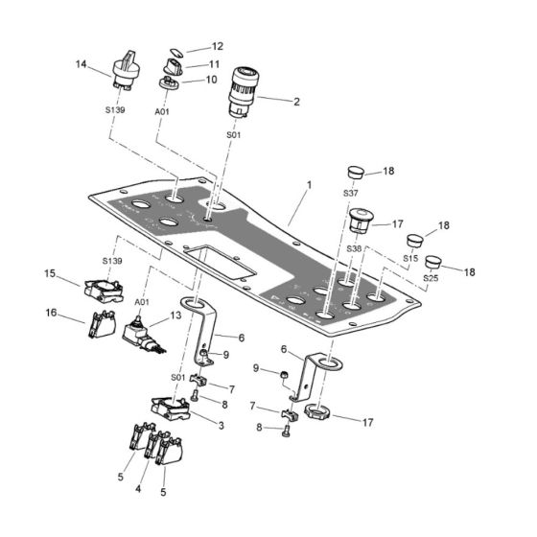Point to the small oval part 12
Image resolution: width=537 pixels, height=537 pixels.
(x=175, y=51)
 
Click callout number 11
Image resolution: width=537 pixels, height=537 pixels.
(x=217, y=64)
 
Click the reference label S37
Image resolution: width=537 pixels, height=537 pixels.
(x=351, y=193)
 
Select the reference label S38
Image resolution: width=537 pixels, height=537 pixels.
(x=351, y=248)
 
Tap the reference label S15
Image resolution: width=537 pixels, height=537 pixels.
(x=410, y=260)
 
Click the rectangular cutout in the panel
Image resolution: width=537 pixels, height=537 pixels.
(x=219, y=262)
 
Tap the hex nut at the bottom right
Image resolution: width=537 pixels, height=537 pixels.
(x=317, y=415)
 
